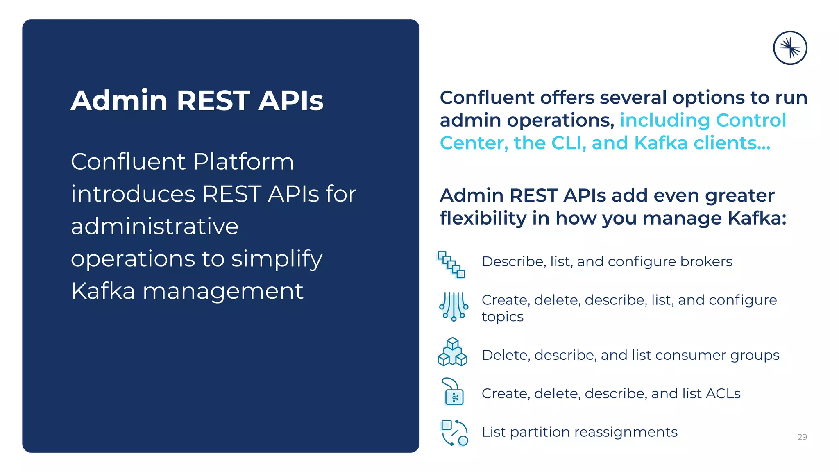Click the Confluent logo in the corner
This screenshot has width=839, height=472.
coord(790,48)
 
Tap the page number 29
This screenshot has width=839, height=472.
coord(802,437)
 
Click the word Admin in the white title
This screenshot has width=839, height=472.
coord(119,100)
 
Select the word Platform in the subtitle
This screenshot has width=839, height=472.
coord(243,161)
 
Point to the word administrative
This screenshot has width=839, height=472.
coord(154,226)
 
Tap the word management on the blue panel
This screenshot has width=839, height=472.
coord(223,291)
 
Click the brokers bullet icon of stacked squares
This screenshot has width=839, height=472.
coord(451,264)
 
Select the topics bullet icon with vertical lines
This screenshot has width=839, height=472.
coord(453,306)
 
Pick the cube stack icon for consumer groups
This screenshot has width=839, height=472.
coord(452,352)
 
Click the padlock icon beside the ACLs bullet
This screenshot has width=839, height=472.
coord(453,392)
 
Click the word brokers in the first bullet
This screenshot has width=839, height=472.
coord(706,261)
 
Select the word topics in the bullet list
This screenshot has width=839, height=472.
coord(502,317)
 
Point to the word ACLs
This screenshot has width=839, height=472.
coord(723,393)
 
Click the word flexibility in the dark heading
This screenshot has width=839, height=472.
coord(483,218)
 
